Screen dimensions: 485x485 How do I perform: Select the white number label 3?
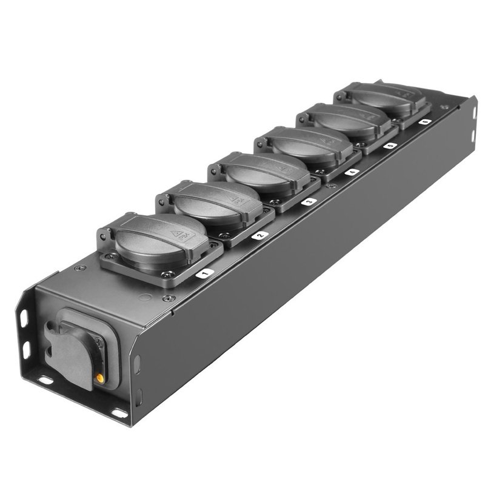[x=309, y=201]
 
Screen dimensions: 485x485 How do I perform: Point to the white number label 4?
[x=352, y=172]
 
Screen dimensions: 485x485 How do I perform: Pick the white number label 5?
[x=390, y=146]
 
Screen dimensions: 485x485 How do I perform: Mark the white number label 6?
[x=424, y=122]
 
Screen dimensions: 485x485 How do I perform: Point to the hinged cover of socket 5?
[x=343, y=119]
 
